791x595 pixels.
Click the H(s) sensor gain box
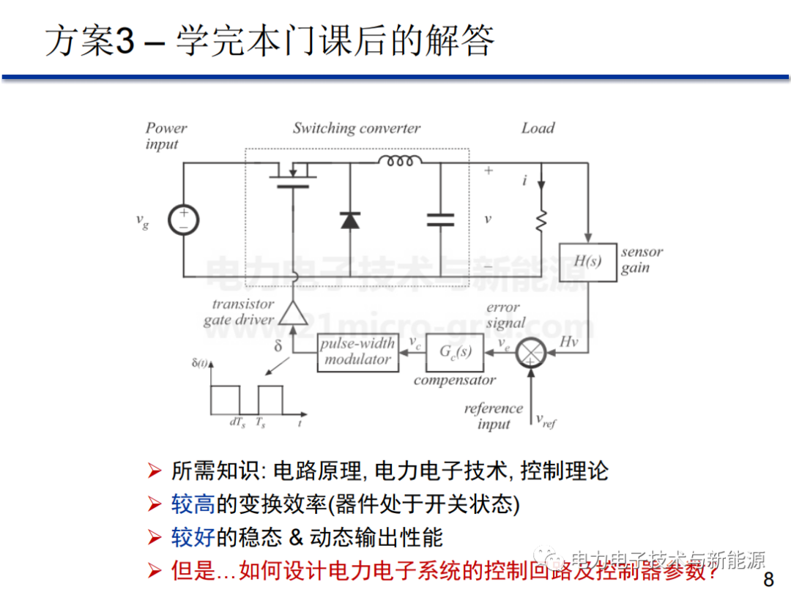[x=587, y=261]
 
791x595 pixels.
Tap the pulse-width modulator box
[x=357, y=351]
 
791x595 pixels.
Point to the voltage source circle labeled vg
[x=182, y=220]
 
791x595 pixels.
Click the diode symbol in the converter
[x=350, y=219]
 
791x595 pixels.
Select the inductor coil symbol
[x=400, y=160]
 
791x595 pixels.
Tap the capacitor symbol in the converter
[x=440, y=220]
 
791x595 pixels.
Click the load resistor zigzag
[x=541, y=220]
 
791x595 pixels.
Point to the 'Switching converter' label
[x=357, y=129]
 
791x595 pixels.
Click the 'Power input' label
[x=166, y=136]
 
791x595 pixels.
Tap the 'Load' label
[x=538, y=129]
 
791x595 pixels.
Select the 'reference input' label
[x=494, y=416]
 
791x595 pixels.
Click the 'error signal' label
[x=505, y=315]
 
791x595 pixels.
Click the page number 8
[x=768, y=580]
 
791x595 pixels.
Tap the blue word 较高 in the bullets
[x=193, y=504]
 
